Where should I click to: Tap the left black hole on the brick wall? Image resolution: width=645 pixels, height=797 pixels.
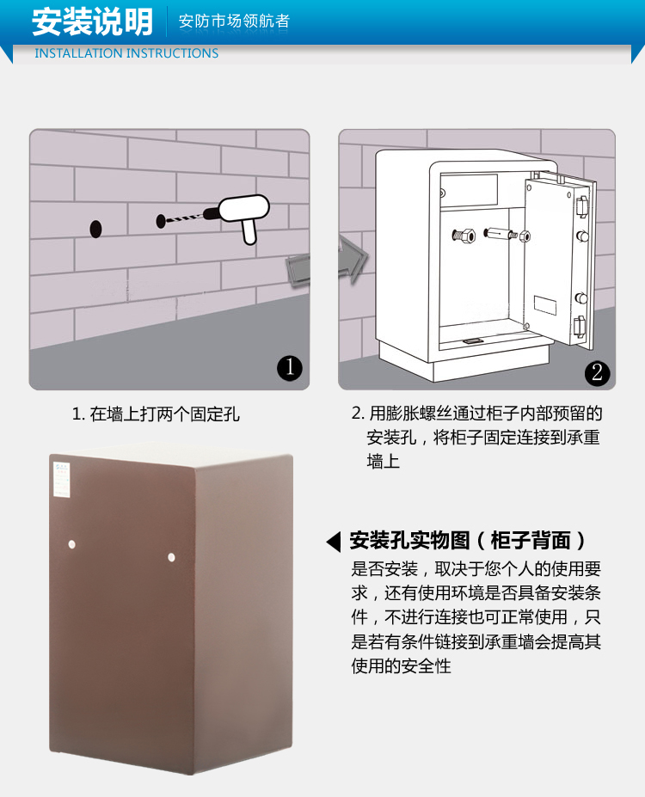click(95, 230)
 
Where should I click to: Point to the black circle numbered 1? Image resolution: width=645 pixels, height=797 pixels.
click(290, 367)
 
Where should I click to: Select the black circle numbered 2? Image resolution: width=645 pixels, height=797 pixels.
click(597, 372)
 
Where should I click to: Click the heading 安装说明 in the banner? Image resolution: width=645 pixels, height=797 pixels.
click(93, 21)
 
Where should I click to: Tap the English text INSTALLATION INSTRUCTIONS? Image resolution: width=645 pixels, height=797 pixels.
click(126, 53)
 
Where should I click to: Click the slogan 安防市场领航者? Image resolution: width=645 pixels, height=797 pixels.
click(234, 21)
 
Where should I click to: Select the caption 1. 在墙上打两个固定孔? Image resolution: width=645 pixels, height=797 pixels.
click(156, 414)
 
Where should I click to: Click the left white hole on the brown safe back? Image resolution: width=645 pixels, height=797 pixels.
click(71, 545)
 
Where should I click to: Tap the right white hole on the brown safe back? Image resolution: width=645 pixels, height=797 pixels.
click(171, 558)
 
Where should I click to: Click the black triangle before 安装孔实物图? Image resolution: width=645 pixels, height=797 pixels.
click(334, 542)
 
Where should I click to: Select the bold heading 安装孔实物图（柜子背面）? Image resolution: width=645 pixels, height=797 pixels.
click(468, 540)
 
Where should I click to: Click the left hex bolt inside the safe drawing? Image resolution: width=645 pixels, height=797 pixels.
click(464, 236)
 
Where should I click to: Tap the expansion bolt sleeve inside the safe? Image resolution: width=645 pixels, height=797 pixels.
click(501, 234)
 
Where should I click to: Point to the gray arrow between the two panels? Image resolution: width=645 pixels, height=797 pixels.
click(328, 263)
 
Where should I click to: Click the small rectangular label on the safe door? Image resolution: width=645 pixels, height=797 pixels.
click(544, 305)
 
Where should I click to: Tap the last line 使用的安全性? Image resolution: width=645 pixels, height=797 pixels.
click(401, 665)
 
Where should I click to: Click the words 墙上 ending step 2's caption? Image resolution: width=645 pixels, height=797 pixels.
click(384, 461)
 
